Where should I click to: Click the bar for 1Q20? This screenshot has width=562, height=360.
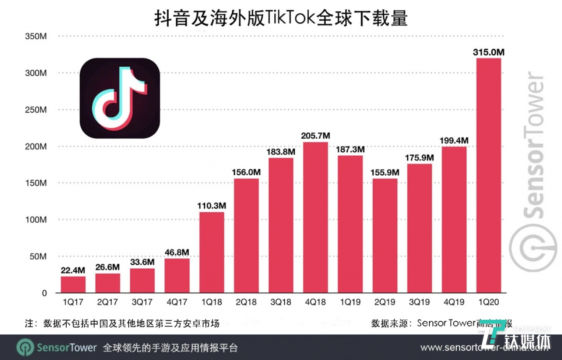point(489,176)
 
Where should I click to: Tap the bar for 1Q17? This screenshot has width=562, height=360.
point(73,285)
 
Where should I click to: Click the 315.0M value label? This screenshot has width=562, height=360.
point(489,52)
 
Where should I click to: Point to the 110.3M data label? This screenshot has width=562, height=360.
point(212,206)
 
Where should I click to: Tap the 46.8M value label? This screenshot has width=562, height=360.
point(177,252)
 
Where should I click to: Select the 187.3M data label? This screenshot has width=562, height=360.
point(350,150)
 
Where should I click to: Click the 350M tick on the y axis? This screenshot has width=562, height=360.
point(36,36)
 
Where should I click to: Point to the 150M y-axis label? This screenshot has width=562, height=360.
point(36,183)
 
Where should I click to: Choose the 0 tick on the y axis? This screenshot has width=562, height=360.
point(44,293)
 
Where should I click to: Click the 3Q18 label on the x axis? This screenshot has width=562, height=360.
point(281,302)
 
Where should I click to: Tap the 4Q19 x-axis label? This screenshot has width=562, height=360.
point(454,302)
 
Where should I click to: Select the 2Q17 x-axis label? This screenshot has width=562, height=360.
point(107,302)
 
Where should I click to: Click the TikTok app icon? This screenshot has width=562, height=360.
point(120,98)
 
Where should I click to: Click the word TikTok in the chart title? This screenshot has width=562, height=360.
point(290,18)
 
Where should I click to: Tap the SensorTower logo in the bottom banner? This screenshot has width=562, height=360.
point(57,347)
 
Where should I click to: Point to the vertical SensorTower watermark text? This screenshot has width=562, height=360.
point(534,144)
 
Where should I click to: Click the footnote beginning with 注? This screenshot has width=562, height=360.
point(122,323)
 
